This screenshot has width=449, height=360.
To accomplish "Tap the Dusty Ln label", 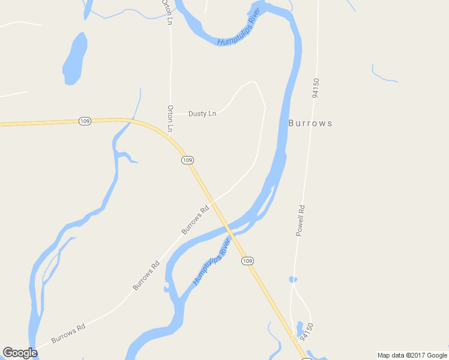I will tap(202, 113).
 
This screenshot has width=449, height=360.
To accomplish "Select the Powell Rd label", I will tap(301, 220).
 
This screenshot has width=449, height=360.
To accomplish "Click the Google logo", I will tap(20, 353).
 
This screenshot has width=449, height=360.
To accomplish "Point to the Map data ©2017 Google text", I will tap(412, 355).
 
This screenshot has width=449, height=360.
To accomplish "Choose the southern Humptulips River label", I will tap(212, 262).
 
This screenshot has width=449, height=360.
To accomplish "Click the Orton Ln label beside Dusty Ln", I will tap(170, 118).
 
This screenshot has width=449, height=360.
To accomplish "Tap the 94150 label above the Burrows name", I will tap(315, 88).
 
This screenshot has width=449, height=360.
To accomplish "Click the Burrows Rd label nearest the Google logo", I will tap(68, 334).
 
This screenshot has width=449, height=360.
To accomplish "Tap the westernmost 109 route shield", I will tap(85, 121).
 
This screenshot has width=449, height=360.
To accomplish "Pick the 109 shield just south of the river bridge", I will tap(247, 261).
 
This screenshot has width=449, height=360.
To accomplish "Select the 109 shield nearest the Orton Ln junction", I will tap(187, 160).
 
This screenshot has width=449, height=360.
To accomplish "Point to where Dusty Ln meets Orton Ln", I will tap(171, 113).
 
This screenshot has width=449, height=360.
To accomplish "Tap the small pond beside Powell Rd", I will tap(292, 279).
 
